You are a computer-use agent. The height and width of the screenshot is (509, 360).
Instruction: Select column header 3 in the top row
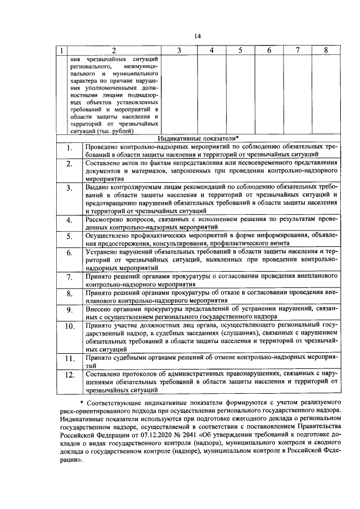[178, 51]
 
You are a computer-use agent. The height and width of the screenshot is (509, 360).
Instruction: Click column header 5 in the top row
[239, 51]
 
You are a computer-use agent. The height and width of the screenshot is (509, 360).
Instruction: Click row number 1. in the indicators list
[69, 149]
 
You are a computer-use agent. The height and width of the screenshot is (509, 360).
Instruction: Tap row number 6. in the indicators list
[69, 253]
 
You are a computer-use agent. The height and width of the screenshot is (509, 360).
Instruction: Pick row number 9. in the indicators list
[69, 310]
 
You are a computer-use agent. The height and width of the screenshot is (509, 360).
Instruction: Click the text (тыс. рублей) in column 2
[115, 131]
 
